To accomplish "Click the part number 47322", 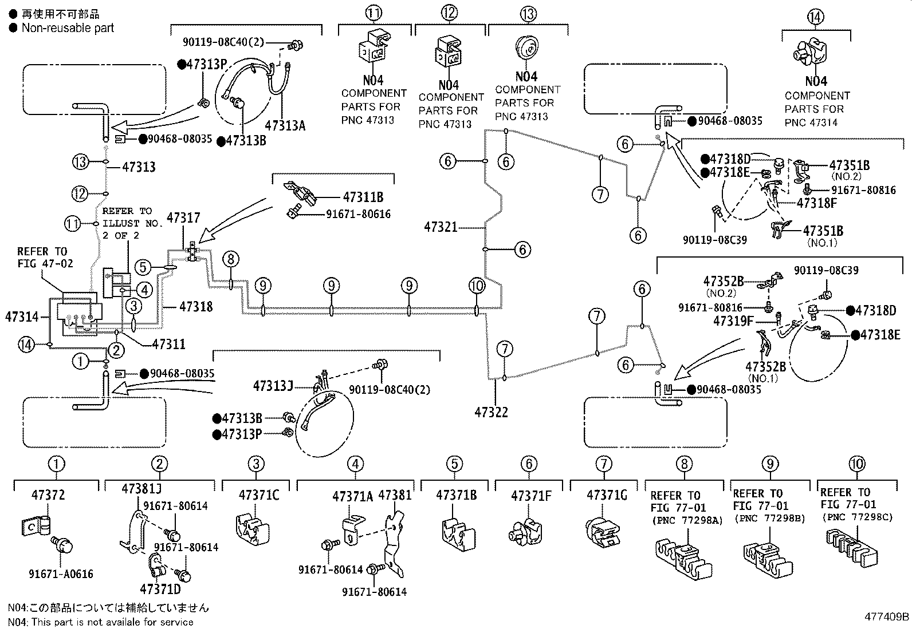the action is click(x=491, y=412).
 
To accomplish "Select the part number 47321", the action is click(x=441, y=227).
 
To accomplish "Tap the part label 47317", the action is click(x=183, y=217).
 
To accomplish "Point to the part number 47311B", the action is click(x=363, y=197).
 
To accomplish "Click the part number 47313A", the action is click(x=285, y=126).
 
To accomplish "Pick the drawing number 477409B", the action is click(x=887, y=617).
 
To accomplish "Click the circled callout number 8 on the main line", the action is click(x=231, y=259).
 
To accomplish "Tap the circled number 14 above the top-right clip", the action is click(x=816, y=17).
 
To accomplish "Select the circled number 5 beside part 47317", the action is click(x=143, y=267).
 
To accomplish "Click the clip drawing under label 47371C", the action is click(x=253, y=530).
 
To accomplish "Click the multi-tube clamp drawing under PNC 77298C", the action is click(x=852, y=548).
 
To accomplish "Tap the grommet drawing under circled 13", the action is click(x=526, y=49).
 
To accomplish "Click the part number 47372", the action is click(x=48, y=495).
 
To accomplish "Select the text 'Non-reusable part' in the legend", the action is click(x=68, y=28).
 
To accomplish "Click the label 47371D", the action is click(x=160, y=589).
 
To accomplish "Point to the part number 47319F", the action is click(x=733, y=322).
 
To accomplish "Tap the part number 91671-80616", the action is click(x=358, y=214).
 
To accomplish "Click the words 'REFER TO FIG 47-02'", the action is click(x=45, y=258).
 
